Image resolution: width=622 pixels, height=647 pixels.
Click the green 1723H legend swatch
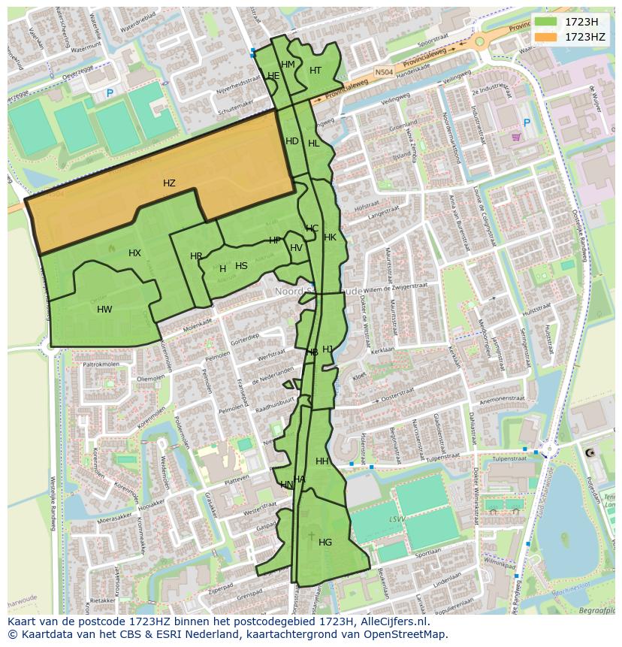click(x=545, y=21)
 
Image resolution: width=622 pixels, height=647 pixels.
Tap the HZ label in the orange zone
click(x=169, y=183)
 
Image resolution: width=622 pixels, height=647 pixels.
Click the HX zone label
click(x=134, y=253)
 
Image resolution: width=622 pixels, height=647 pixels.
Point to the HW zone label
click(x=104, y=310)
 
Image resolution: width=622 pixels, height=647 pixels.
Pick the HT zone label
click(x=316, y=71)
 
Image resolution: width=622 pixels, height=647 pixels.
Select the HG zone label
click(x=325, y=543)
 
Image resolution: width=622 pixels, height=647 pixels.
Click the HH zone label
click(x=322, y=461)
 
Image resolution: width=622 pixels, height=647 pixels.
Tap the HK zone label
click(x=330, y=237)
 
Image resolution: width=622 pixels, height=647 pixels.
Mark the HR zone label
click(x=196, y=256)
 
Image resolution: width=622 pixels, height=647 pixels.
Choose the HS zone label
click(x=241, y=266)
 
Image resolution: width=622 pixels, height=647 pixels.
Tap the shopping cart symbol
click(x=516, y=137)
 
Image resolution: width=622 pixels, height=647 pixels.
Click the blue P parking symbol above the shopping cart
click(x=527, y=122)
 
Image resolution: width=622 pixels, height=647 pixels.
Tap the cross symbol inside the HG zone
click(x=312, y=536)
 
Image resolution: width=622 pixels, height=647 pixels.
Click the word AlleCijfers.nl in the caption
click(x=390, y=622)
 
